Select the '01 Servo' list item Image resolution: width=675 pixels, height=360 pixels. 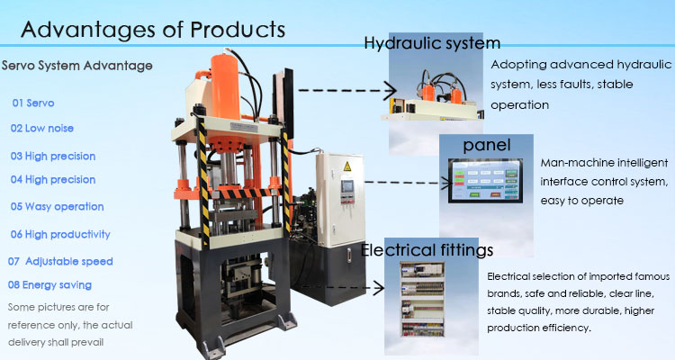33,103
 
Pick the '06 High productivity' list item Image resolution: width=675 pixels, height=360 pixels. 60,234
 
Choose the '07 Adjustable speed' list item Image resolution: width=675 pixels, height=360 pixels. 60,261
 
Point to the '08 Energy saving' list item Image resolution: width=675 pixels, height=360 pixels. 49,284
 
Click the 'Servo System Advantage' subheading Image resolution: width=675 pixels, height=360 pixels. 77,66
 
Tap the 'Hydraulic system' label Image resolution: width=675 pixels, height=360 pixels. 432,43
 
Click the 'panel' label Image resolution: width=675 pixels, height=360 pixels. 487,145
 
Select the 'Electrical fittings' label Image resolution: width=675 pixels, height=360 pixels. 427,248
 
